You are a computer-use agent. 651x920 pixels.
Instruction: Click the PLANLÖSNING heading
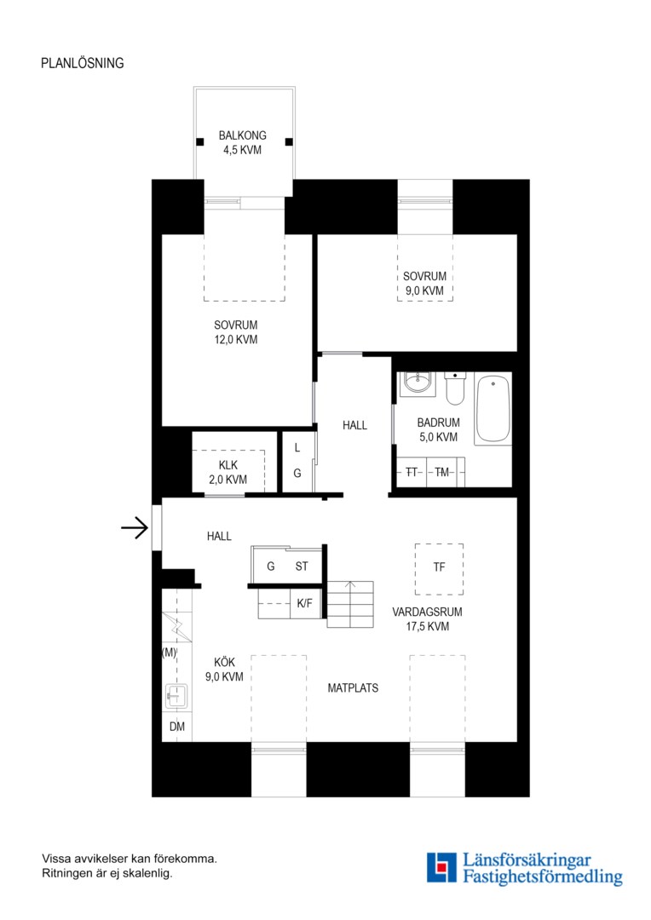click(x=82, y=63)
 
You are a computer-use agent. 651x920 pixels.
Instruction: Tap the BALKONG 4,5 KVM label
click(x=243, y=142)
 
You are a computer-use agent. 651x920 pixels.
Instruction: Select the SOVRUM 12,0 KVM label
click(x=235, y=332)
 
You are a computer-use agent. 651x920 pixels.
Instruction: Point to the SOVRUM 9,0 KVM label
click(x=424, y=284)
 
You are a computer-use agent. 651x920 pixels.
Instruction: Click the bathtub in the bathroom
click(x=493, y=408)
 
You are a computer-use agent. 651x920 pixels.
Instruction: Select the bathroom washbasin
click(x=418, y=383)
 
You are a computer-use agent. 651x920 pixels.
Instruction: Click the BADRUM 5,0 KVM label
click(x=439, y=429)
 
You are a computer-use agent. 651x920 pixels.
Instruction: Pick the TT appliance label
click(x=412, y=472)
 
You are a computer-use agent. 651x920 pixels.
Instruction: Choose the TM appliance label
click(x=441, y=472)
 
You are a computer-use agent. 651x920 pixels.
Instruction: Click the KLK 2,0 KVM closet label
click(x=228, y=472)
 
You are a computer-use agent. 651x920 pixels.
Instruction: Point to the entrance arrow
click(x=135, y=528)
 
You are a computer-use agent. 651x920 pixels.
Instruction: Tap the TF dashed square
click(x=439, y=569)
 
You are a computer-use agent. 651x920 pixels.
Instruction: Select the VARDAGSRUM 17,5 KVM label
click(x=428, y=619)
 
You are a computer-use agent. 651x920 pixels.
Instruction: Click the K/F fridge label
click(x=305, y=603)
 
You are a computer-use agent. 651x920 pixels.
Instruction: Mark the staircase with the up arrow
click(x=350, y=604)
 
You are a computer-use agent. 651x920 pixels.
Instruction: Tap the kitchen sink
click(x=176, y=696)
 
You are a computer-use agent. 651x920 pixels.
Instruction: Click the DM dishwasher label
click(x=176, y=727)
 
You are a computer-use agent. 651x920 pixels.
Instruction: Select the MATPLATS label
click(x=353, y=687)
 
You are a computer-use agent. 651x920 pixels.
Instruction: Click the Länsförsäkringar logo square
click(x=441, y=868)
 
